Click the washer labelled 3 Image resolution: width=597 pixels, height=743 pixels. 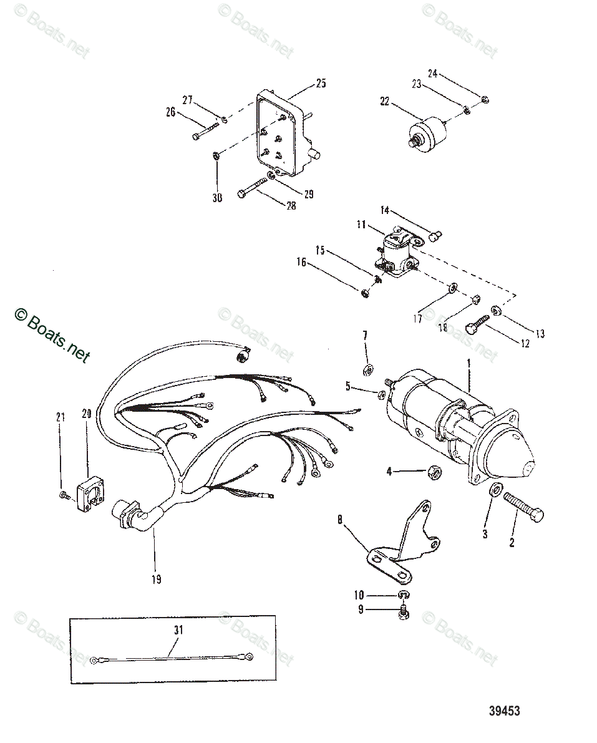[x=494, y=490]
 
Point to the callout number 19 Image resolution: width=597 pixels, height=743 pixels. [x=156, y=579]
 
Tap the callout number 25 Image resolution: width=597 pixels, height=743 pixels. [x=321, y=83]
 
